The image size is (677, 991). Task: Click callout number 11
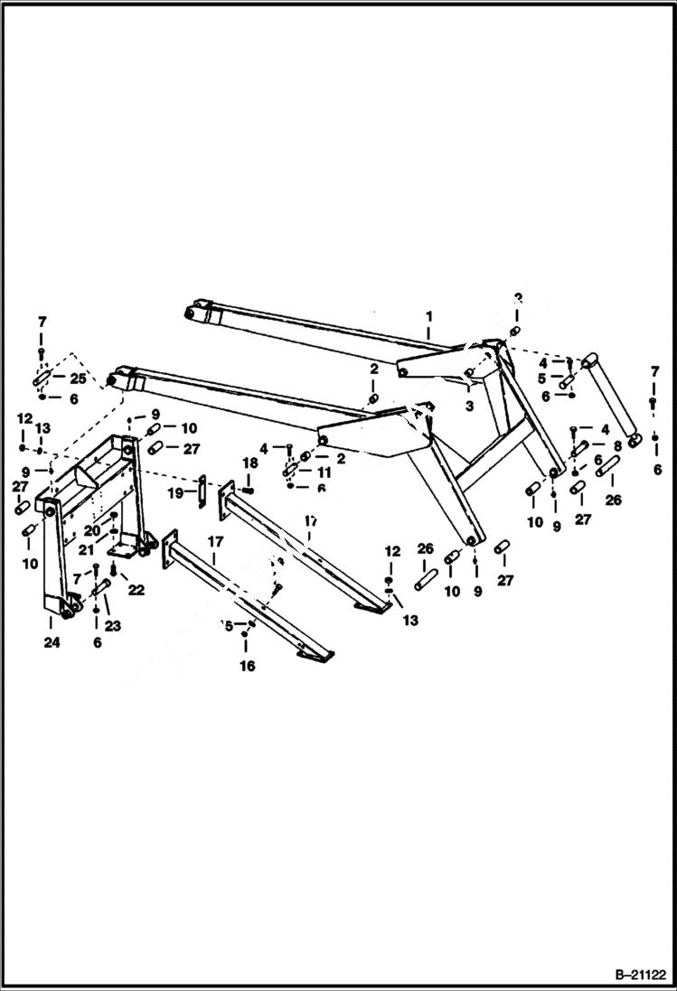click(324, 472)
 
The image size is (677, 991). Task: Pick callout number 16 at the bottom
click(247, 666)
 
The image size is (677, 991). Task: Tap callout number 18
click(250, 462)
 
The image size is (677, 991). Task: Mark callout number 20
click(91, 530)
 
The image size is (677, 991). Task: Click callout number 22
click(136, 589)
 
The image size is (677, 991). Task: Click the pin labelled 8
click(581, 444)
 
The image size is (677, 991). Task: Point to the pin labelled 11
click(292, 471)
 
